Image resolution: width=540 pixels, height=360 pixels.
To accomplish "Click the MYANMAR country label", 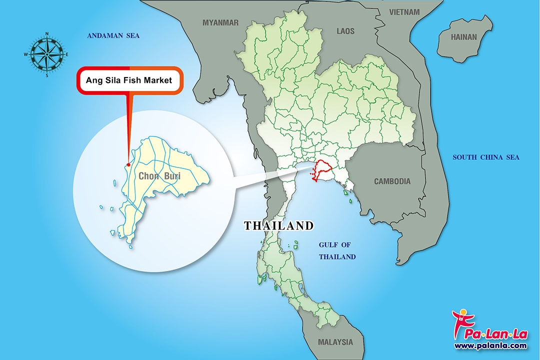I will tap(220, 22).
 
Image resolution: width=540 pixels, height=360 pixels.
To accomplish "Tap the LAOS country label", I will tap(345, 31).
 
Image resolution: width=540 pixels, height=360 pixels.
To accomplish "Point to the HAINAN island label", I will tap(464, 37).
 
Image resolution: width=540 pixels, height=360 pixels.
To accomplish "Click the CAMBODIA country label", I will tap(392, 181).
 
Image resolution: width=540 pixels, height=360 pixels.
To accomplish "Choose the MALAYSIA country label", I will tap(335, 342).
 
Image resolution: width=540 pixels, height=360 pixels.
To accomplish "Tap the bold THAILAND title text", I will tap(278, 226).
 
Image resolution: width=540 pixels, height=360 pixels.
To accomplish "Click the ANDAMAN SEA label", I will tap(113, 36).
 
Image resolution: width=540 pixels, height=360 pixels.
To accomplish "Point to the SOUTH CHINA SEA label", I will tap(486, 157).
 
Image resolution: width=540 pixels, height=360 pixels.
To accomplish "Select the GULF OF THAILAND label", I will tap(337, 251).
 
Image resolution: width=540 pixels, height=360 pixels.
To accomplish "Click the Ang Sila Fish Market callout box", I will tap(129, 80).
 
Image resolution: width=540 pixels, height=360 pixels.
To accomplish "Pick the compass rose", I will tap(47, 54).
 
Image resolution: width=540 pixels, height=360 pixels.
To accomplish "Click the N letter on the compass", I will tap(47, 33).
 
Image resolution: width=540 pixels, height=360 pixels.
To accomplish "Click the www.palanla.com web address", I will tap(490, 345).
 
